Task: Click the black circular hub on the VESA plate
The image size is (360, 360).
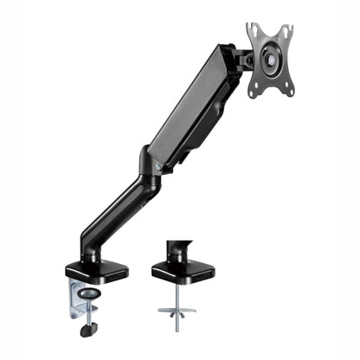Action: [269, 61]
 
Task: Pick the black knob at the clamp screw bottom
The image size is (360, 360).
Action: [87, 329]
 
